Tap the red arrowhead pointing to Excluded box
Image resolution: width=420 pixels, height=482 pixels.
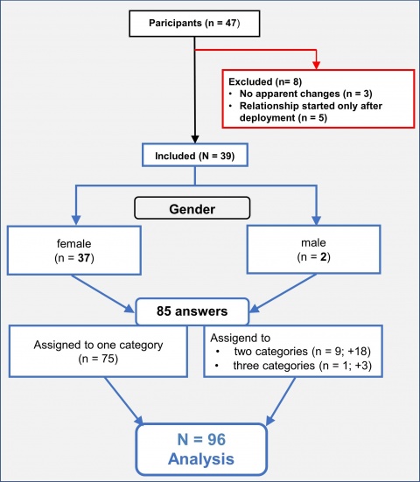click(x=317, y=65)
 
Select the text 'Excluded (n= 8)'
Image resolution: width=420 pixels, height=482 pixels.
click(x=265, y=81)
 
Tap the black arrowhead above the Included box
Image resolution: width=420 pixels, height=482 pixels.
click(x=194, y=139)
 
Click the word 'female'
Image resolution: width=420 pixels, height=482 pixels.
click(x=74, y=243)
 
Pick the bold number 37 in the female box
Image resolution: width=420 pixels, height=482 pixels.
click(x=84, y=257)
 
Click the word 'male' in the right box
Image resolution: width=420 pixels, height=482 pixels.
click(x=313, y=242)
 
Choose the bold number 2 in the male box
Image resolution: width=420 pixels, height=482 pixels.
click(x=323, y=256)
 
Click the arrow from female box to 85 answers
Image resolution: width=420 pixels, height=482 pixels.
click(x=102, y=293)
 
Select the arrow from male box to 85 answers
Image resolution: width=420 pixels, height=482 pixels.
click(x=283, y=293)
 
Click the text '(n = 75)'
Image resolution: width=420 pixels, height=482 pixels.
click(x=98, y=359)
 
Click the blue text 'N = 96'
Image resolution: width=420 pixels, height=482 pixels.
click(x=201, y=439)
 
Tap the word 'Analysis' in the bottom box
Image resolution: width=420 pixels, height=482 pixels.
click(x=201, y=458)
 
